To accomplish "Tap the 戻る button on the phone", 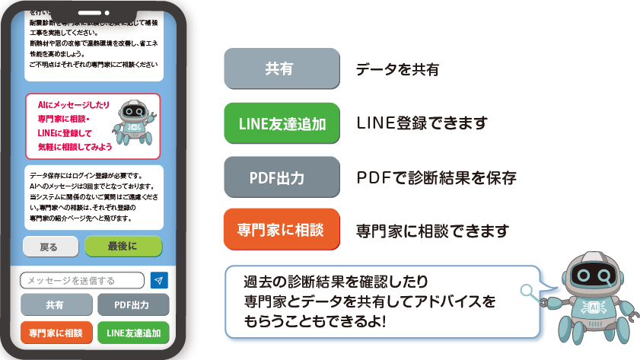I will pos(49,247).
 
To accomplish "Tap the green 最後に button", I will pos(123,247).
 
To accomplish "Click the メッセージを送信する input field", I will pos(81,281).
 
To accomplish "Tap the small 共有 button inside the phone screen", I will pos(55,305).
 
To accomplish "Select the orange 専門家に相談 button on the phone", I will pos(55,333).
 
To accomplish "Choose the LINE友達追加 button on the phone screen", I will pos(132,333).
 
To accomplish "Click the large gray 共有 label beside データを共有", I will pos(281,70).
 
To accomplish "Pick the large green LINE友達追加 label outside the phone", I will pos(281,123).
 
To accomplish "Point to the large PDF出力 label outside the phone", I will pos(281,178).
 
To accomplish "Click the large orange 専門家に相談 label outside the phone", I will pos(281,231).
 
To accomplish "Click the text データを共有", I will pos(398,70).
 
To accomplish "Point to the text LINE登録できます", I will pos(422,123).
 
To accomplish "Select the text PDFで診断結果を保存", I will pos(437,178).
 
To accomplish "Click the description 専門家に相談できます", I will pos(433,231).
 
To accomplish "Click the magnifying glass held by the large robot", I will pos(527,290).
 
